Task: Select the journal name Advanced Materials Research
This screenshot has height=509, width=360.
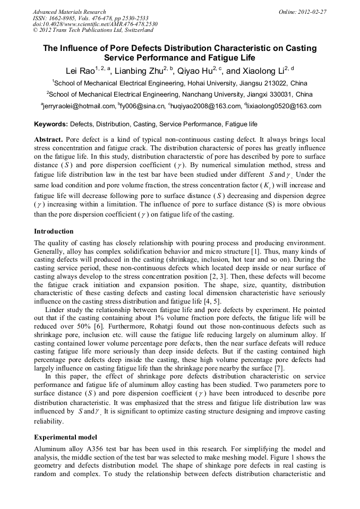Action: (69, 12)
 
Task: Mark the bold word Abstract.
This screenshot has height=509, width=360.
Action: (48, 139)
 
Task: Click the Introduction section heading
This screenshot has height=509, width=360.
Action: (54, 231)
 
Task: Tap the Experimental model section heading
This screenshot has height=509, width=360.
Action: (65, 437)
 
